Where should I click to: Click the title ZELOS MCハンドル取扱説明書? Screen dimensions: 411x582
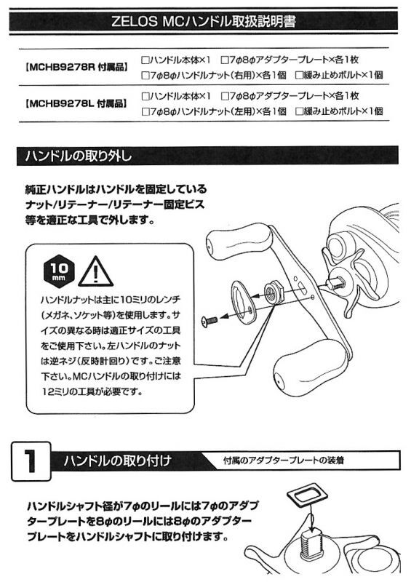point(204,22)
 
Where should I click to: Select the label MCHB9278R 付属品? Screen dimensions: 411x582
point(77,68)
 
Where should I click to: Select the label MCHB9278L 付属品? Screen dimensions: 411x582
point(76,103)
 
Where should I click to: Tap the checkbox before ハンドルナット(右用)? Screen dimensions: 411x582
point(145,76)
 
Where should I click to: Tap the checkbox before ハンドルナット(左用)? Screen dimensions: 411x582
point(145,112)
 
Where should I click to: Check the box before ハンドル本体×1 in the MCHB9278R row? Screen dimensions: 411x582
point(145,60)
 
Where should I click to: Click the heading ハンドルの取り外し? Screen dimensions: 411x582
point(79,156)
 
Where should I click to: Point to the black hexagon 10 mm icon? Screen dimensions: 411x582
point(59,271)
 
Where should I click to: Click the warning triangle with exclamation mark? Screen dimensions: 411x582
point(95,272)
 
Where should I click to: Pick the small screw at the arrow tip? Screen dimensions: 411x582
point(209,321)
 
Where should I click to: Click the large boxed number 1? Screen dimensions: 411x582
point(31,461)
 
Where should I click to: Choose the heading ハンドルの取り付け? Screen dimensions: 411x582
point(117,461)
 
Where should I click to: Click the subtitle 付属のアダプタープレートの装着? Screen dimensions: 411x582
point(283,461)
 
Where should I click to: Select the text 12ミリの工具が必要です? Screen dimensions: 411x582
point(92,392)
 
